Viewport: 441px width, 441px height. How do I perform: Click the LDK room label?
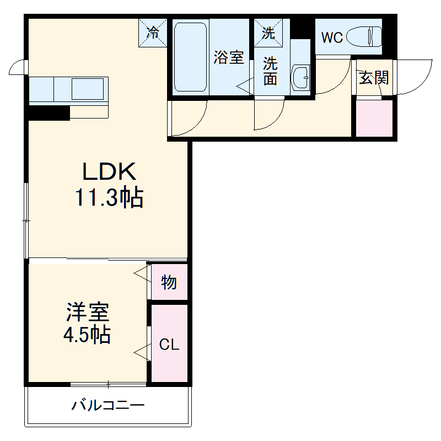tap(109, 173)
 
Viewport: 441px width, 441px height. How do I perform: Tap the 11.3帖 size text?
tap(109, 197)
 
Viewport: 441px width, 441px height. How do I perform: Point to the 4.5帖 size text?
tap(88, 335)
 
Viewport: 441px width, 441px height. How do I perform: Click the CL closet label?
tap(169, 345)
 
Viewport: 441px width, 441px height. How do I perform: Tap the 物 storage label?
tap(169, 283)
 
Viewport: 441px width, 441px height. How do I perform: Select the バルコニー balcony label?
tap(108, 406)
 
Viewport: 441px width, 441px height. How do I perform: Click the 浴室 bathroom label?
tap(229, 58)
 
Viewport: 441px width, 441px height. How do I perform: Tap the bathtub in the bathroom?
tap(191, 57)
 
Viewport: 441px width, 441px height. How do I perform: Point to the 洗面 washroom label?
tap(270, 70)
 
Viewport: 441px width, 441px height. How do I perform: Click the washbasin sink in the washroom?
tap(301, 77)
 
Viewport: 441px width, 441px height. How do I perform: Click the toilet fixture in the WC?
tap(367, 37)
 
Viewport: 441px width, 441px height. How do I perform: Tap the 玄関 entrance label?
tap(374, 78)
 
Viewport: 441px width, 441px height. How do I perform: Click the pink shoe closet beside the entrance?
tap(374, 118)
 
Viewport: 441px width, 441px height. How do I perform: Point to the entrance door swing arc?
tap(419, 77)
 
